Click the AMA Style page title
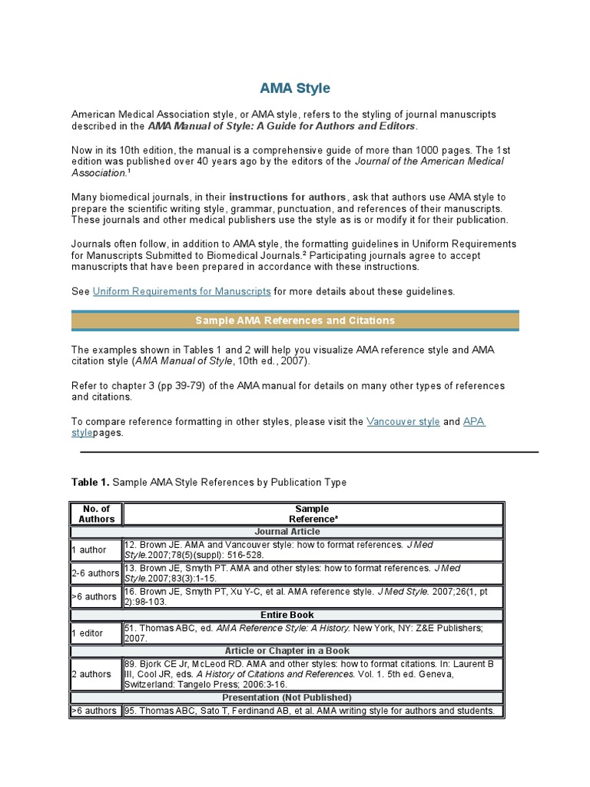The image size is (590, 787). pos(295,88)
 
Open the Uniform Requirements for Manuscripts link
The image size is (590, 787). pos(181,291)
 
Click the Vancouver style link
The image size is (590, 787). pos(403,421)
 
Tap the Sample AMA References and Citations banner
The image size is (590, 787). pos(295,320)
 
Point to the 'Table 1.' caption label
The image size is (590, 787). pos(91,483)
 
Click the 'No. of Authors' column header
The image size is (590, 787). pos(96,513)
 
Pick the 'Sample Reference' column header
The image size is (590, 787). pos(312,513)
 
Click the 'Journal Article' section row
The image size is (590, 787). pos(287,531)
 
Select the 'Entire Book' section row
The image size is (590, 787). pos(287,615)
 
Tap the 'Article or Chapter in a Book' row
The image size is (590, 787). pos(287,651)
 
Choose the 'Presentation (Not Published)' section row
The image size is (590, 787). pos(287,697)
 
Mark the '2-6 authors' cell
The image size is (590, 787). pos(95,573)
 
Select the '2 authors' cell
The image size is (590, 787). pos(91,674)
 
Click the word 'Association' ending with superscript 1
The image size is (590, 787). pos(99,173)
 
